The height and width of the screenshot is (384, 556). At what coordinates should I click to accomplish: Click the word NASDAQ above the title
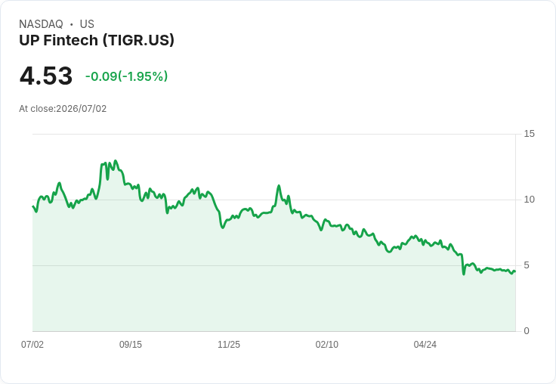tap(41, 24)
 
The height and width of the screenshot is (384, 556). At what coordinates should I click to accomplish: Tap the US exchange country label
tap(87, 24)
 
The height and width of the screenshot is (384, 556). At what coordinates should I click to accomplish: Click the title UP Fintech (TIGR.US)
tap(97, 41)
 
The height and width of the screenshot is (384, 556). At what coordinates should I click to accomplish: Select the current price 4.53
tap(46, 76)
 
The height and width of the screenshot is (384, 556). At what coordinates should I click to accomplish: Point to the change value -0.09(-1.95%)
tap(127, 76)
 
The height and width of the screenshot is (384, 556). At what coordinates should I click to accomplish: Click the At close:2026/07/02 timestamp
tap(63, 109)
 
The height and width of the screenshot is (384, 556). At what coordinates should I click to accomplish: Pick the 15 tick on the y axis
tap(529, 134)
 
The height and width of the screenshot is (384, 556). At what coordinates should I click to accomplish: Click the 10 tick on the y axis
tap(529, 200)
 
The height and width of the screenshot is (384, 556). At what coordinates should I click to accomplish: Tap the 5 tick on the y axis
tap(527, 265)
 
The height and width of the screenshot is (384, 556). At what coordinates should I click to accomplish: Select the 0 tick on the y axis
tap(527, 331)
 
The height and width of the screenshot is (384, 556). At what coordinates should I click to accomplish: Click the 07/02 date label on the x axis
tap(32, 345)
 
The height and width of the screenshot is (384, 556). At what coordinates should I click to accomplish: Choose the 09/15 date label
tap(131, 345)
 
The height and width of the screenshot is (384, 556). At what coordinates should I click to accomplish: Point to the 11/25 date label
tap(229, 345)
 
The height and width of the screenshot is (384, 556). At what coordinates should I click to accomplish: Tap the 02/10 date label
tap(327, 345)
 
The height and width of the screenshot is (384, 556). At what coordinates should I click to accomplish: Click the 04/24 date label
tap(425, 345)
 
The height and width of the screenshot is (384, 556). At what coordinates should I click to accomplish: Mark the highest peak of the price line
tap(116, 161)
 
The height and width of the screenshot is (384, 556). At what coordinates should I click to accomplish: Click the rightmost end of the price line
tap(515, 271)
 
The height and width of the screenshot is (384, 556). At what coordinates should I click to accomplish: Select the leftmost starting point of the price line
tap(32, 206)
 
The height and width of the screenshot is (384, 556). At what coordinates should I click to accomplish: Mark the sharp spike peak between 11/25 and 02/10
tap(279, 186)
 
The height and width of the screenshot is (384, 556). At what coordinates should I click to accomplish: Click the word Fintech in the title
tap(70, 41)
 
